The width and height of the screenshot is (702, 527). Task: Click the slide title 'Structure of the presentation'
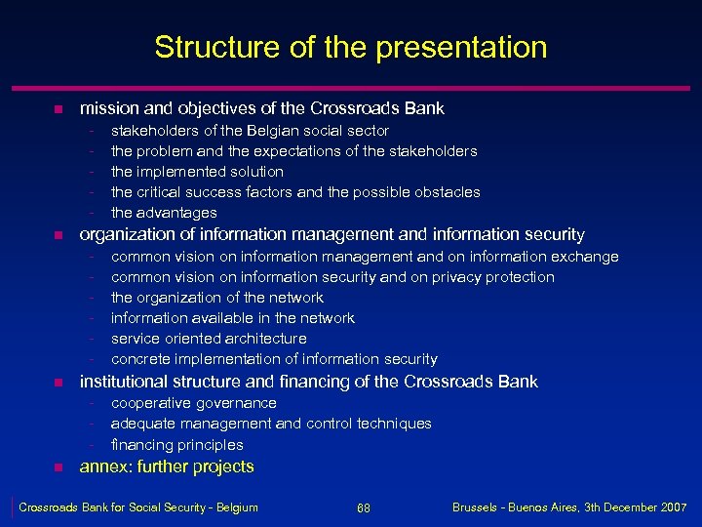click(351, 47)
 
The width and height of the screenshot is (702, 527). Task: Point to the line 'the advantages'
click(164, 213)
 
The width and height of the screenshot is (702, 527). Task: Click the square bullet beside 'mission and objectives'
click(58, 108)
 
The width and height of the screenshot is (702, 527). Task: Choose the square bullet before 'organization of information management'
click(58, 235)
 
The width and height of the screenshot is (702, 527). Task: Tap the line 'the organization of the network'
click(217, 298)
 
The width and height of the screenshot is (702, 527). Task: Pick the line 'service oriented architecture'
click(209, 339)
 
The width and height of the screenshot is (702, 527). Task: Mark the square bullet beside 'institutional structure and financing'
click(58, 383)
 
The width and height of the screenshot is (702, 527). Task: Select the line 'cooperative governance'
click(194, 403)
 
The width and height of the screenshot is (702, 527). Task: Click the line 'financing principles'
click(177, 445)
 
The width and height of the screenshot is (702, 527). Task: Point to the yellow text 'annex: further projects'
click(167, 466)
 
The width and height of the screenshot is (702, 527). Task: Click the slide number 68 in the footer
click(363, 508)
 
